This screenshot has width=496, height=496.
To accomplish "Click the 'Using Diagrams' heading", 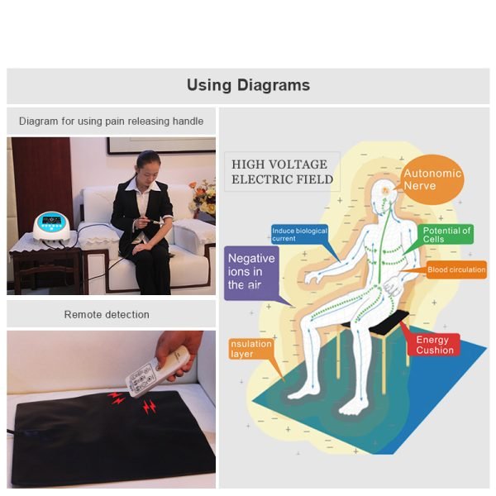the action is tap(248, 85).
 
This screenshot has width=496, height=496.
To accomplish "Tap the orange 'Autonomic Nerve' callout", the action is tap(432, 179).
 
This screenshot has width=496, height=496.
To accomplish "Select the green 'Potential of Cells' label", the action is tap(446, 235).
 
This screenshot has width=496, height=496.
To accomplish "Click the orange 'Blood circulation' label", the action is tap(456, 269).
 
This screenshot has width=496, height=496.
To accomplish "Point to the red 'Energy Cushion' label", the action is tap(434, 345).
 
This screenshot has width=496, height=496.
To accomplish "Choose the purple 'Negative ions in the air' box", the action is tap(251, 273).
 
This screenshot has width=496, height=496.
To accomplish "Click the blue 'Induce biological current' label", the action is tap(299, 235).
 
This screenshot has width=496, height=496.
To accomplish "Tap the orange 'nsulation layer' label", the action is tap(250, 349).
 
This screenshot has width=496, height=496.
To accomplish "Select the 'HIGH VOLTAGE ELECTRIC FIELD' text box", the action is tap(282, 172).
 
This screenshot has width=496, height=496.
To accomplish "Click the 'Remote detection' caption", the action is tap(107, 315).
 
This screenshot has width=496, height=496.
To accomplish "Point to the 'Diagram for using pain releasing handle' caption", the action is tap(111, 122).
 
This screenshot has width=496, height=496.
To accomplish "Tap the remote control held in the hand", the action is tap(156, 370).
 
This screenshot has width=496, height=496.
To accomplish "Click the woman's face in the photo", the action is tap(148, 170).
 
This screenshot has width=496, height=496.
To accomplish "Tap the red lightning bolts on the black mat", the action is tap(133, 402).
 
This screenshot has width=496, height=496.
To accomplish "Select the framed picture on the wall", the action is tap(161, 145).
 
